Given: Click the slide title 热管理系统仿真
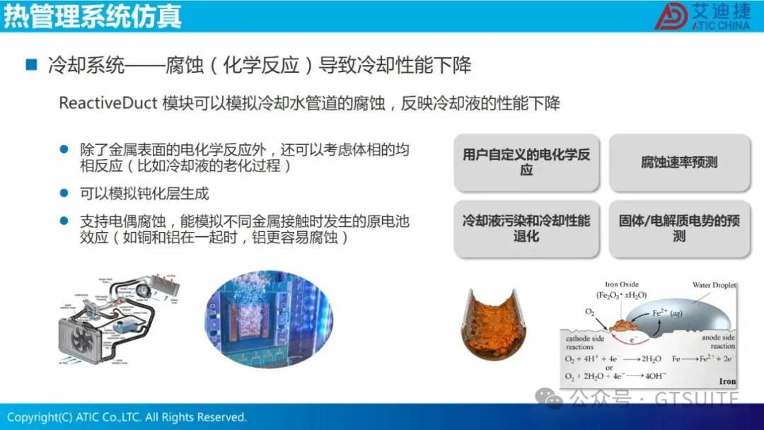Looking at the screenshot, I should pos(92,16).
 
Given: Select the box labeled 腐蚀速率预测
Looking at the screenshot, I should pos(679,163).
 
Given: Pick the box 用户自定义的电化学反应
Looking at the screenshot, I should pos(526,163).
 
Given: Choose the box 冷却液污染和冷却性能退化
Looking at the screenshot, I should pos(526,228).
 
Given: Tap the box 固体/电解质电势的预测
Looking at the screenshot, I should pos(679,228).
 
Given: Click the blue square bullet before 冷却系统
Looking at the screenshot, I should pos(31,66).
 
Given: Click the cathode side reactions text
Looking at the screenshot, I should pos(584,343).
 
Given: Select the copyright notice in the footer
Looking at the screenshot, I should pos(127,417).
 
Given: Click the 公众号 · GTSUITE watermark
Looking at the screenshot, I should pos(651,400).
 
